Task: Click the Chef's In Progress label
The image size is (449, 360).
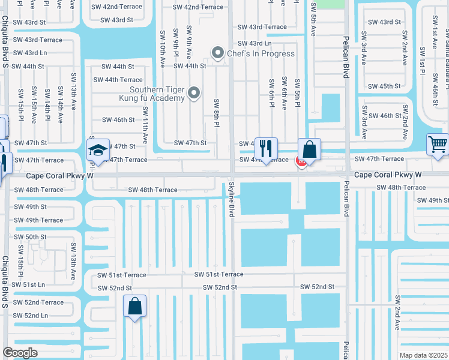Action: point(261,53)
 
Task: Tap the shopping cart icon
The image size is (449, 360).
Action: point(438,144)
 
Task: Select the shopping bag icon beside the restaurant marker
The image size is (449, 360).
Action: point(309,149)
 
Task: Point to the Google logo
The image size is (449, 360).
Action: point(20,353)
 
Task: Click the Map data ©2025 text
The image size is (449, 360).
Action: point(423,355)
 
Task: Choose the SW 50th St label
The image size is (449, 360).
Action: point(31,237)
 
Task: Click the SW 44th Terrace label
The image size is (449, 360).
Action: point(118,80)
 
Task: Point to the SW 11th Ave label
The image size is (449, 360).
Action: point(145,124)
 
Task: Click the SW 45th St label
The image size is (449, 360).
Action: point(385,86)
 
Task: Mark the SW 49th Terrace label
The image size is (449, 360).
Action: point(38,220)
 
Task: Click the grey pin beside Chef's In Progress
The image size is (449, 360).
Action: point(217,53)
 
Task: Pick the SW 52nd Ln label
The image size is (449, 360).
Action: point(31,316)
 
